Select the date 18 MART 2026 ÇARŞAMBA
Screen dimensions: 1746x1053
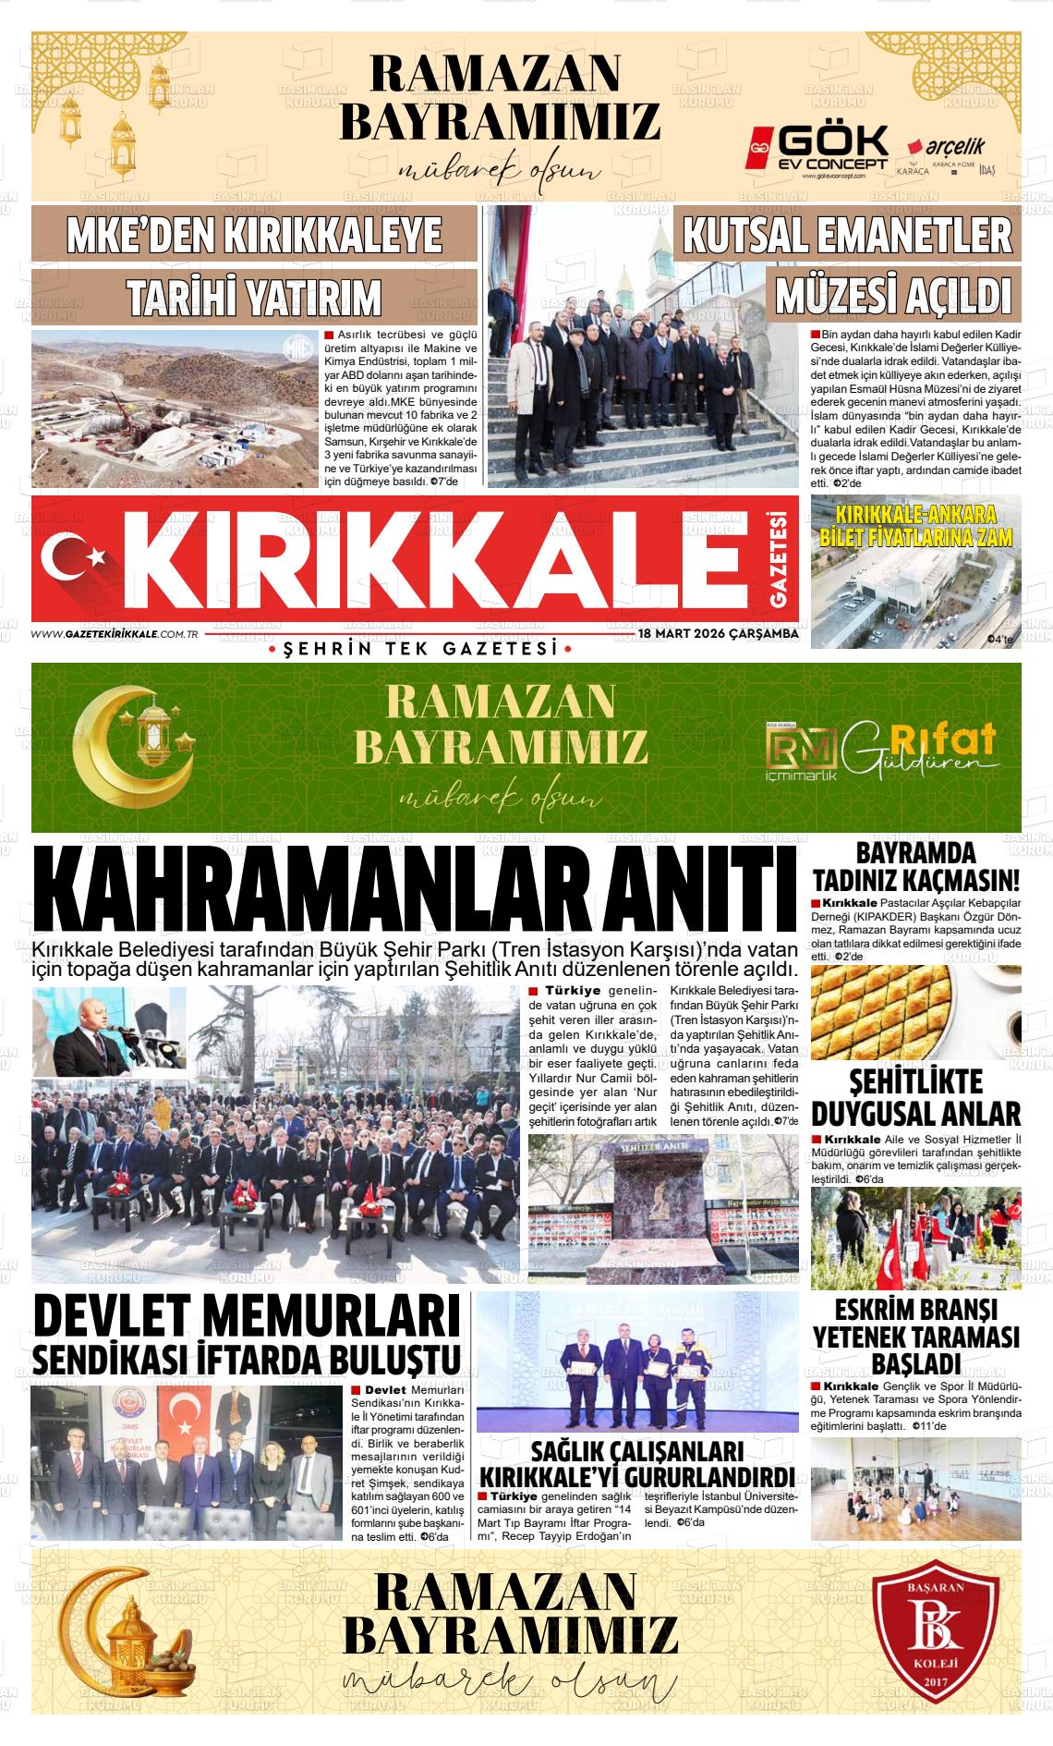(719, 635)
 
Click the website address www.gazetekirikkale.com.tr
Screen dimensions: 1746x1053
(116, 634)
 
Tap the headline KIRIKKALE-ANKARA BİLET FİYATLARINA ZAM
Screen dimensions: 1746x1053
(916, 526)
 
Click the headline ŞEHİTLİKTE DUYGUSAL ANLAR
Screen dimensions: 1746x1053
(916, 1097)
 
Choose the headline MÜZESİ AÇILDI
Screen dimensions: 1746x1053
(893, 296)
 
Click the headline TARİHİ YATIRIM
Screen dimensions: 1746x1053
(254, 297)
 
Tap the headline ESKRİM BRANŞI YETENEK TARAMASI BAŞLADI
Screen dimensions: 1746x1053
(916, 1337)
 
